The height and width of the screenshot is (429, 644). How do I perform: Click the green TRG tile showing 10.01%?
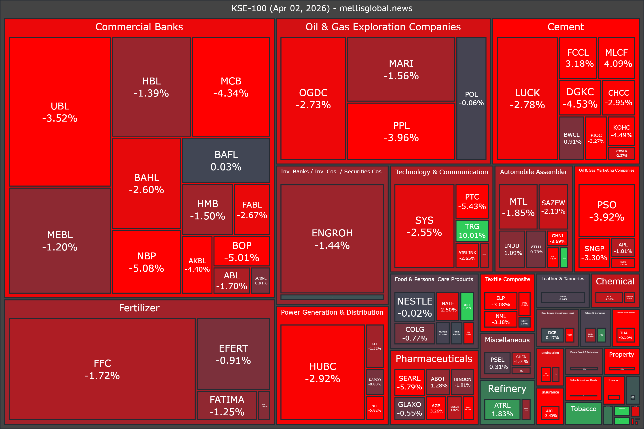(x=472, y=231)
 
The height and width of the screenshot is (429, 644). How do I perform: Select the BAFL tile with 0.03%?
(x=226, y=161)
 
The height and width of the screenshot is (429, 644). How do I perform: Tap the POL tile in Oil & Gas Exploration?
(x=471, y=99)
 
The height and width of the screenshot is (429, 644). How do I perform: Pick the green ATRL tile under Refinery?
(x=502, y=409)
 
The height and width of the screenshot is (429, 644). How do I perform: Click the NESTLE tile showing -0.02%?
(x=415, y=307)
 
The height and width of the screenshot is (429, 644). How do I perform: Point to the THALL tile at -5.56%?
(x=626, y=335)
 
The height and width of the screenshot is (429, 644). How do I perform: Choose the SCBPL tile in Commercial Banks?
(x=260, y=280)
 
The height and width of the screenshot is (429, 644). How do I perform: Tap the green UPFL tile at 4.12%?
(x=467, y=306)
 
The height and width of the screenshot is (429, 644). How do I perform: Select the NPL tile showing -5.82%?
(x=375, y=408)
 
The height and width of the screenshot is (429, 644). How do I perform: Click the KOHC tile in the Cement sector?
(x=622, y=131)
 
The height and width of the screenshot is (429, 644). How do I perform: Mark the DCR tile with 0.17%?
(x=552, y=335)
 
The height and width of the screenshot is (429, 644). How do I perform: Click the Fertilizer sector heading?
(x=139, y=308)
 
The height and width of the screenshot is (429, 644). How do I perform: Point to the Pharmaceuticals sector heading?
(x=434, y=359)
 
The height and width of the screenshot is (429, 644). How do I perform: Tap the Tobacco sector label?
(x=583, y=409)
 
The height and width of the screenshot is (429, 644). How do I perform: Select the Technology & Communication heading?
(x=441, y=172)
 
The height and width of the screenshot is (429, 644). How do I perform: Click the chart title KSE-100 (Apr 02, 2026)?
(x=322, y=8)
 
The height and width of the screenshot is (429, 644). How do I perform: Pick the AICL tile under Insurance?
(x=550, y=413)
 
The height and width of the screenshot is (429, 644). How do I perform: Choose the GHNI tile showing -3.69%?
(x=557, y=238)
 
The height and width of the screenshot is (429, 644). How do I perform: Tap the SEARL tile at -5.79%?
(x=409, y=383)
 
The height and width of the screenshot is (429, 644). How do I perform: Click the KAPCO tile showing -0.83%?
(x=375, y=382)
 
